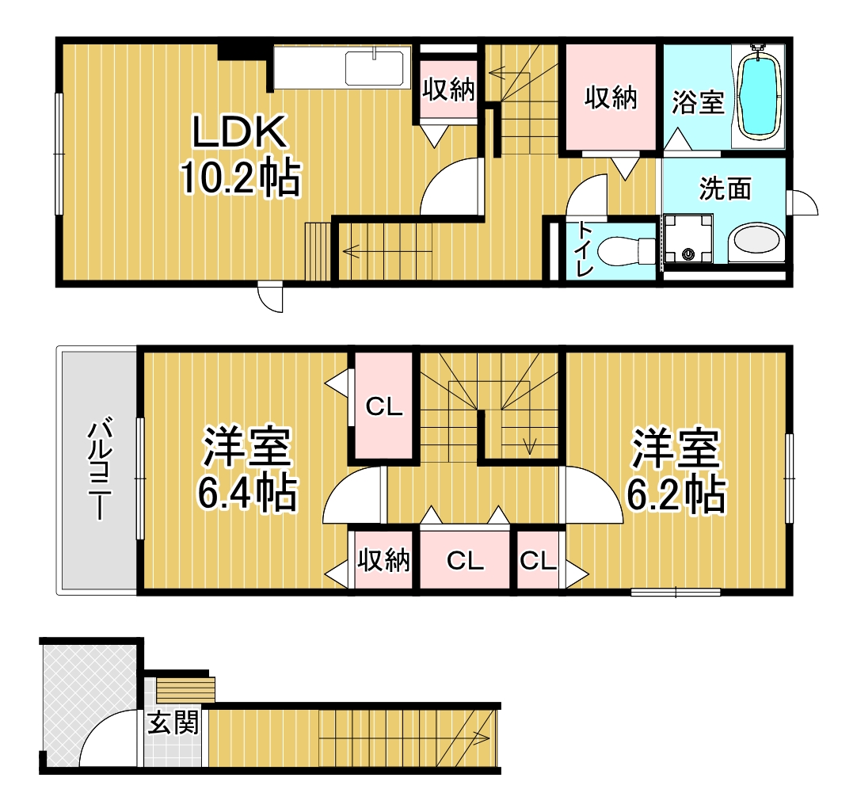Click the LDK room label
pos(239,132)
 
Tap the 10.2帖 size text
pos(241,177)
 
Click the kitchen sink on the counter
pos(375,68)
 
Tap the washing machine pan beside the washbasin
pos(688,239)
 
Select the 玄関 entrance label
pos(173,722)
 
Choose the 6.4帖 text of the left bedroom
pos(247,493)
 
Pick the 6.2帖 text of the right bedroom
pos(676,495)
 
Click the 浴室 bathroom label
pos(698,102)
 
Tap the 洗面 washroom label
pos(726,189)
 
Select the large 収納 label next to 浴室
pos(611,98)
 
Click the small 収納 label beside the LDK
pos(449,90)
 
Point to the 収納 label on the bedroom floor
pos(383,560)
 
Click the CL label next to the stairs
pos(384,406)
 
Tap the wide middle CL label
pos(465,560)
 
